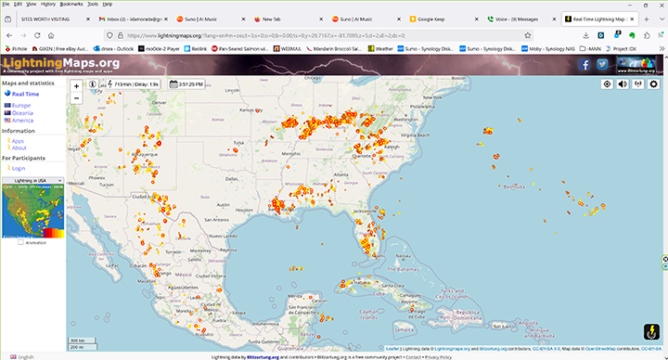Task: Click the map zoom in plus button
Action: [76, 84]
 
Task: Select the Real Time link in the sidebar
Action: [25, 94]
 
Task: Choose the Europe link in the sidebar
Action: [21, 106]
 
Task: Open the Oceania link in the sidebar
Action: [23, 112]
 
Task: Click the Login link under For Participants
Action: [19, 168]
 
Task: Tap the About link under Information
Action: [19, 148]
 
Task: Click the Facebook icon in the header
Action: [584, 65]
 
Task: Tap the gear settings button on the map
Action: [653, 84]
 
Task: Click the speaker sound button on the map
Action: [623, 84]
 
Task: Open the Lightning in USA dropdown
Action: [32, 180]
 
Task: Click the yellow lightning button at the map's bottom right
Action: [650, 329]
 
